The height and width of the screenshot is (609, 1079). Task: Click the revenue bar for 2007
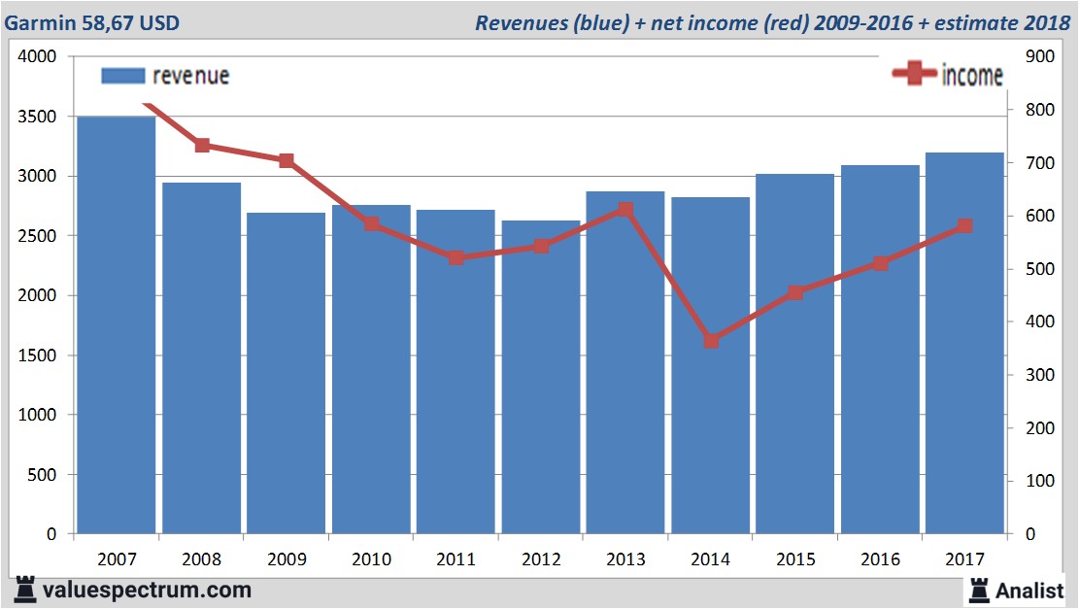pyautogui.click(x=117, y=325)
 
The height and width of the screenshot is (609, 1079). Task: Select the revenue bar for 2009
pyautogui.click(x=286, y=374)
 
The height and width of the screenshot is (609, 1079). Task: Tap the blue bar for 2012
pyautogui.click(x=540, y=378)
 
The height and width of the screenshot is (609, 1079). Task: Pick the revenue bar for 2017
pyautogui.click(x=963, y=344)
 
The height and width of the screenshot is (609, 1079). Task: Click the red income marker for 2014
pyautogui.click(x=711, y=341)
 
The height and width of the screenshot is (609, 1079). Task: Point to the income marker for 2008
pyautogui.click(x=202, y=145)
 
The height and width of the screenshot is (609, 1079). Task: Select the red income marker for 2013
pyautogui.click(x=625, y=209)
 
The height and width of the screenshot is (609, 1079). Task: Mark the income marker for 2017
pyautogui.click(x=963, y=226)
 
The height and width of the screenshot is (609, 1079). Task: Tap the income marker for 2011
pyautogui.click(x=455, y=258)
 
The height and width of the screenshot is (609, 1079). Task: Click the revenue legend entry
pyautogui.click(x=165, y=76)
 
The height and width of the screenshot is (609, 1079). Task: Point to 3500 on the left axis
pyautogui.click(x=39, y=117)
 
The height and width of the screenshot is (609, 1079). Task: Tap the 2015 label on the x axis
pyautogui.click(x=795, y=559)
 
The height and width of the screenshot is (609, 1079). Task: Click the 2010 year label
pyautogui.click(x=371, y=559)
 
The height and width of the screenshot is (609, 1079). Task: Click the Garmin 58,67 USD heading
pyautogui.click(x=92, y=22)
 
